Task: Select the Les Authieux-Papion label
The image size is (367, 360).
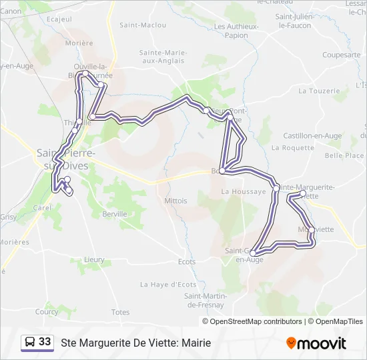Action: (236, 30)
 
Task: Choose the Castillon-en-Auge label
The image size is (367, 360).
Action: (312, 135)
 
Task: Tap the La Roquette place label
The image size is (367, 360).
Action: (298, 148)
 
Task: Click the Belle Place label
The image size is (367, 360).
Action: (344, 155)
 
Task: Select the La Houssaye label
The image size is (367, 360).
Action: (239, 191)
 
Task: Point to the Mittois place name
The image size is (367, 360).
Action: (175, 200)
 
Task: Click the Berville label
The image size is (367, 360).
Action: (115, 214)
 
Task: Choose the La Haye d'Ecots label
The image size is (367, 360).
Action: (168, 284)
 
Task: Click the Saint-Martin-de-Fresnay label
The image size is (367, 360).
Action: (207, 300)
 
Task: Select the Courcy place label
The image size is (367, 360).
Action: (47, 311)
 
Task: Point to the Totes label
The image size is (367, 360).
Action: (121, 312)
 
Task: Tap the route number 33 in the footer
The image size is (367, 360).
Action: (45, 341)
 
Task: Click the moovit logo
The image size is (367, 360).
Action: (316, 343)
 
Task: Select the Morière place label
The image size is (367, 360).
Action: (79, 43)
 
